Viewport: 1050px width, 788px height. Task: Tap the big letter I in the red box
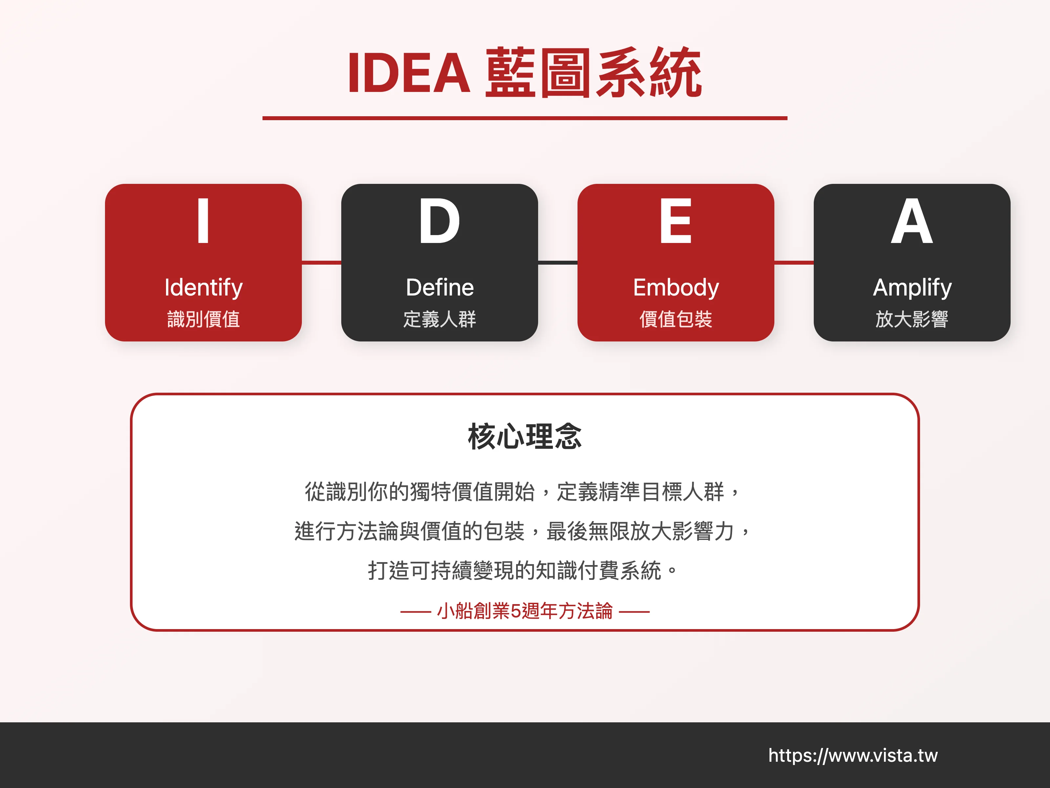coord(203,221)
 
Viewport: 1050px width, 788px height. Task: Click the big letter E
coord(676,221)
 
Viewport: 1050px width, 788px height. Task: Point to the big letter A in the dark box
coord(912,221)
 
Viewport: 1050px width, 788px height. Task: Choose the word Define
coord(440,287)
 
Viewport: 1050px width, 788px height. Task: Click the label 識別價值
coord(203,319)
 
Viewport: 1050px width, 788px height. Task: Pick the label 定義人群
coord(440,319)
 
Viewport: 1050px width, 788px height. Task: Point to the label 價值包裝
coord(676,319)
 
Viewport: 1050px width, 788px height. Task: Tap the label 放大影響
coord(912,319)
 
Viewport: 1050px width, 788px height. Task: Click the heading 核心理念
coord(525,436)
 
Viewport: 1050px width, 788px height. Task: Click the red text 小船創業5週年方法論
coord(525,611)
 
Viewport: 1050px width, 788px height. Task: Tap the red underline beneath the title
coord(525,118)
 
